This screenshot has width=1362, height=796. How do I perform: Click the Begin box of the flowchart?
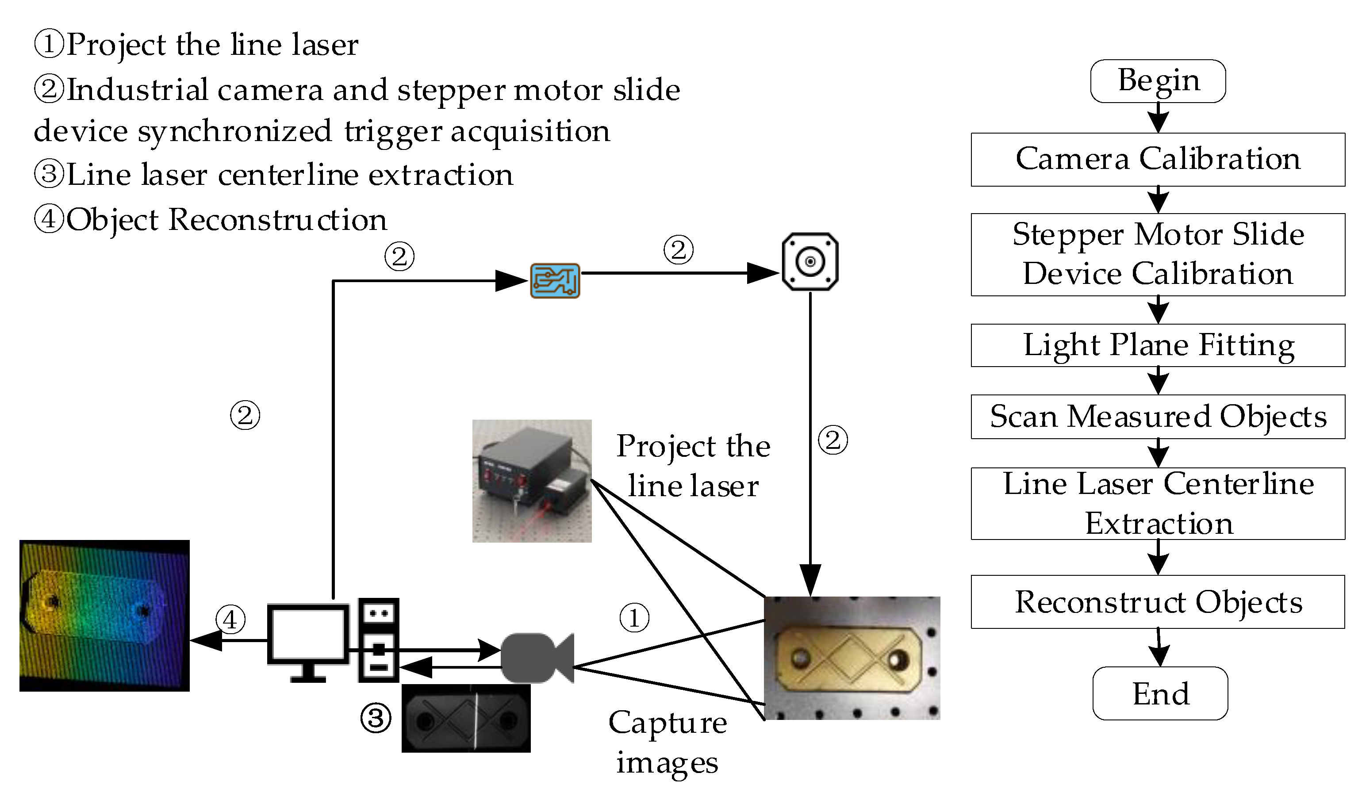1158,81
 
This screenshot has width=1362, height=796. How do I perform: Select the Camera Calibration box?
1158,159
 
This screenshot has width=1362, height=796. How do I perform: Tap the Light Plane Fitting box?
1158,345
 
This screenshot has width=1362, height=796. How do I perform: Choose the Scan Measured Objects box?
1158,417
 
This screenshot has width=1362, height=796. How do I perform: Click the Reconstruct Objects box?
1158,602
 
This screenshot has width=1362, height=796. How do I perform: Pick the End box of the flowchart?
1160,693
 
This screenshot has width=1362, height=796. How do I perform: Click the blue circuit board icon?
555,281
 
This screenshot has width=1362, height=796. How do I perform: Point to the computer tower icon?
378,640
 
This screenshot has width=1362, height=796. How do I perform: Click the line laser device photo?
532,481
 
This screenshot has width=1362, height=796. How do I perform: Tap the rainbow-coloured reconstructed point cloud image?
104,616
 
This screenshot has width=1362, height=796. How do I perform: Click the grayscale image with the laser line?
466,719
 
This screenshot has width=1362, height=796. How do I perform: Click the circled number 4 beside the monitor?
230,619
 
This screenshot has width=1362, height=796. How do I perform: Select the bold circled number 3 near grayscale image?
376,718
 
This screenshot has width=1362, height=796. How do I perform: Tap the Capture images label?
668,742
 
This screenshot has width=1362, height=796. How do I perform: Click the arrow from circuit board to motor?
680,273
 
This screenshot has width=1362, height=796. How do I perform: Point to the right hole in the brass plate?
899,660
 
